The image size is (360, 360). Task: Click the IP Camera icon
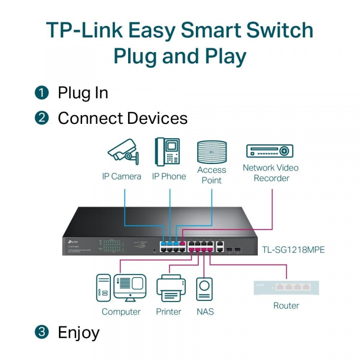coord(123,151)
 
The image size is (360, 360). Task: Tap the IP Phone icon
coord(168,152)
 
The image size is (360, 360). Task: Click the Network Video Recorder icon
coord(269,151)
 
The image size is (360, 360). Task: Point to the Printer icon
coord(170,288)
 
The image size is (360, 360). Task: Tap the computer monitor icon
coord(130,288)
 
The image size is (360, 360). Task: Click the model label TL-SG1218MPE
coord(293,250)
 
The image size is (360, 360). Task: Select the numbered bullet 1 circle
coord(42,93)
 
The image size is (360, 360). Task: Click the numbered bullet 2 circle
coord(42,118)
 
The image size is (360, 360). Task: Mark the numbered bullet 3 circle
coord(42,332)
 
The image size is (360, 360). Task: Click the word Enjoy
coord(79,332)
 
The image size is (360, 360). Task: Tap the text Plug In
coord(83,93)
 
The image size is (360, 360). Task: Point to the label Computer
coord(121,312)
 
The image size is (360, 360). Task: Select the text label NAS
coord(205,312)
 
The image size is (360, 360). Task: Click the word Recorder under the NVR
coord(271,178)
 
